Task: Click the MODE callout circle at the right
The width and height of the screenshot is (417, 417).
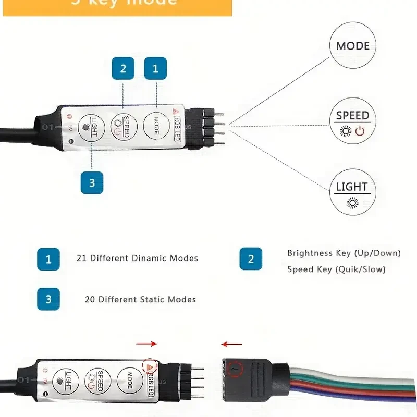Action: pos(352,46)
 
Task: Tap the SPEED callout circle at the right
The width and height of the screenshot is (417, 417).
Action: pos(352,121)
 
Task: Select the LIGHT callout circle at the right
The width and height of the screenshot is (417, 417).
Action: pos(352,191)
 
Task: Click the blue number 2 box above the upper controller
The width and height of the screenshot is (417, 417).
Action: pos(123,68)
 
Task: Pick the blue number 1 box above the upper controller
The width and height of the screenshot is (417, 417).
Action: pos(155,68)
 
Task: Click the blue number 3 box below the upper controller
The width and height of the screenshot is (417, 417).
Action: pos(92,182)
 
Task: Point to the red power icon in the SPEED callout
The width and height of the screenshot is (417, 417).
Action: pos(360,131)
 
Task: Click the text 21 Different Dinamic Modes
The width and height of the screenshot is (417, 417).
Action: pos(137,258)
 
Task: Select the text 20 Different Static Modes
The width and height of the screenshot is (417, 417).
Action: pos(140,300)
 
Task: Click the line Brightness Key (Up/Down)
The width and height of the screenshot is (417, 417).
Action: pos(344,253)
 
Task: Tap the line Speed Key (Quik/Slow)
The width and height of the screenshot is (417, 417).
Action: pos(336,269)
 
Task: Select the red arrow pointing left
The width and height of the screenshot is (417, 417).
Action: pos(231,344)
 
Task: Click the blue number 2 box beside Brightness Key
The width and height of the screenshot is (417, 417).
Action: pos(251,259)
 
